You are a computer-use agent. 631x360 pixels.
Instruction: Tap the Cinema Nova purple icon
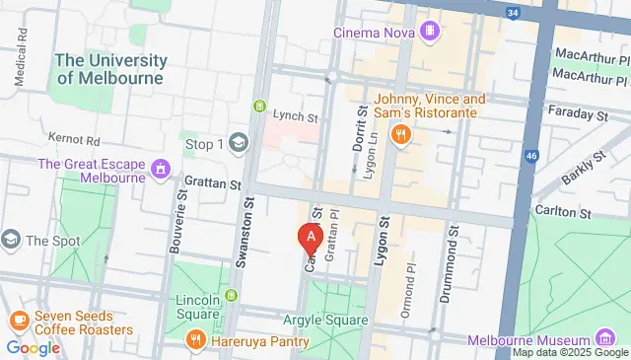click(429, 32)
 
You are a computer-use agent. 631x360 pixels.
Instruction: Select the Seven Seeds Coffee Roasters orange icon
click(19, 321)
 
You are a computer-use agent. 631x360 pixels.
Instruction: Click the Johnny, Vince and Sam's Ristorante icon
click(400, 135)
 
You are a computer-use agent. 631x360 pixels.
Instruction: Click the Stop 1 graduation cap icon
click(238, 144)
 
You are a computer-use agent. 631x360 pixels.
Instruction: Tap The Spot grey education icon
click(10, 240)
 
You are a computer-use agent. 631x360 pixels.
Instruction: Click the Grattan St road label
click(214, 183)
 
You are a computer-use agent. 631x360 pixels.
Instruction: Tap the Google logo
click(33, 347)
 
